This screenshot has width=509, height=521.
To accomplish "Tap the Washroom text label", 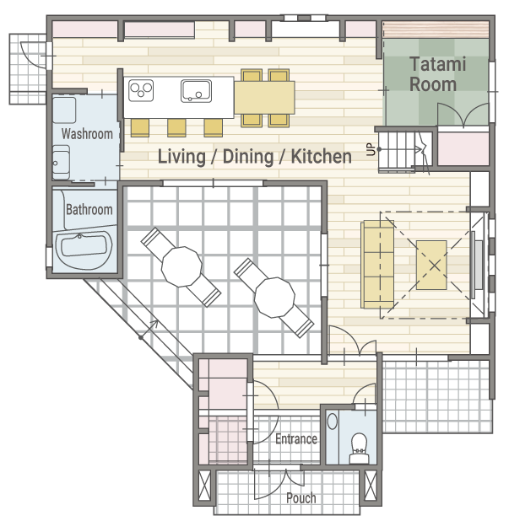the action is tap(87, 134).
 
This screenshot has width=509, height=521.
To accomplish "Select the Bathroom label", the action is tap(89, 210).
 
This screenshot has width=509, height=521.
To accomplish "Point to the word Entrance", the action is tap(296, 439).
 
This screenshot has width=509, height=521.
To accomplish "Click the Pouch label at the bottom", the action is tap(301, 497).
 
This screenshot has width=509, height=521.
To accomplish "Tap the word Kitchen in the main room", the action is tap(322, 157).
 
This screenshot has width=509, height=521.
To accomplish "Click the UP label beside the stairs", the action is tap(371, 149).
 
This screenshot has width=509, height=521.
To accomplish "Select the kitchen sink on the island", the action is tap(197, 91).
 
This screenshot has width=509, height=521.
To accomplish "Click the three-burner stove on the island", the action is tap(141, 90).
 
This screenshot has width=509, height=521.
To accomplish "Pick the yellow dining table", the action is tap(264, 98).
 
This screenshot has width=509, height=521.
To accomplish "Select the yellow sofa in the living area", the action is tap(377, 264).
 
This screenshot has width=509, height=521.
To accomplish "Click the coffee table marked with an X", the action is tap(431, 266).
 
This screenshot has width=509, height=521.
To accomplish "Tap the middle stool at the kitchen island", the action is tap(176, 127).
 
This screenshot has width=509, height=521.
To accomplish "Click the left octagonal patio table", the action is tap(181, 266).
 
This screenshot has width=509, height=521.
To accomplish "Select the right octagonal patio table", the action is tap(274, 298).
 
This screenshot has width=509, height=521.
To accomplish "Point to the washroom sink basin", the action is tap(62, 163).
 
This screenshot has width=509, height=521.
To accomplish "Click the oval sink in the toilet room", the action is tap(333, 422).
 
